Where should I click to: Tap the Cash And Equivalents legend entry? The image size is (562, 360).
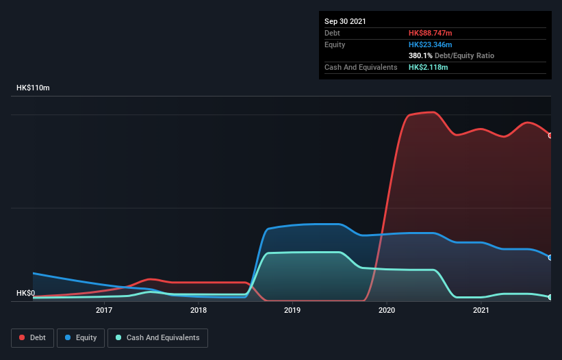point(157,337)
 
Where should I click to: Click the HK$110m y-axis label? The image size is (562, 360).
point(33,88)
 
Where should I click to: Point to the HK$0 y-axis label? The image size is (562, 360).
point(25,293)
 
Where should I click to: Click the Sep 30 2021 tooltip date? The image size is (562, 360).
point(345,21)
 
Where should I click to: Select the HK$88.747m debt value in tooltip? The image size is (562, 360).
point(431,33)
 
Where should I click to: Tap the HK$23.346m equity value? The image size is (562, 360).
point(431,44)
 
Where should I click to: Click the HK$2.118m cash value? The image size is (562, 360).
point(428,67)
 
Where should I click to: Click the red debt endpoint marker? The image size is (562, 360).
point(550,136)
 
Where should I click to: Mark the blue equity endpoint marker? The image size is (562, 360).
point(550,257)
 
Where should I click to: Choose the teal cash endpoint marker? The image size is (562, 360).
point(550,297)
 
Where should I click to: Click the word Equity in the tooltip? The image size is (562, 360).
point(335,44)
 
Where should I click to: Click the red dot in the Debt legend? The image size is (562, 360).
point(22,337)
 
